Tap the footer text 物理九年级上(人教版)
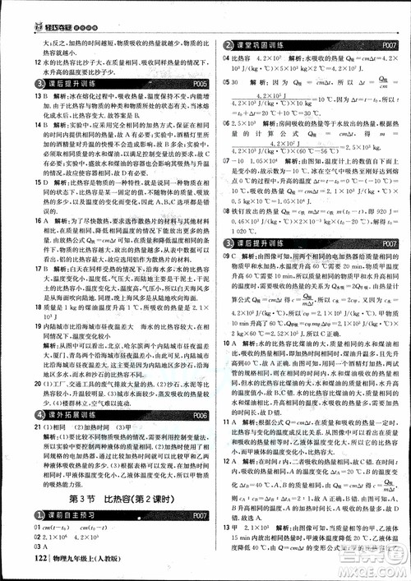(x=82, y=561)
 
